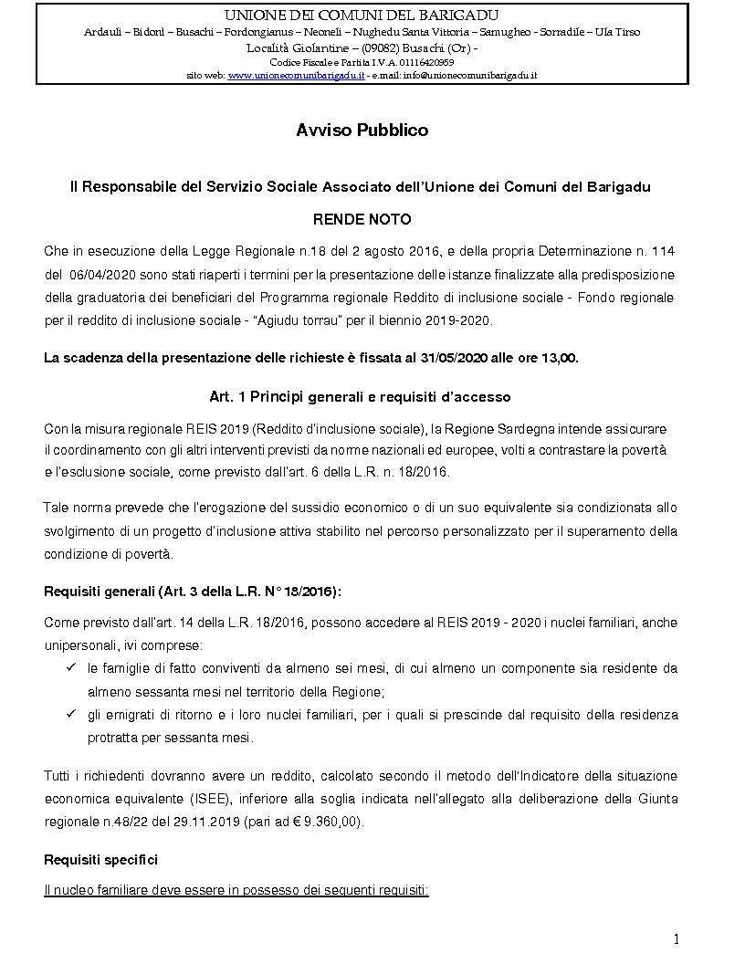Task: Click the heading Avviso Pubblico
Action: tap(362, 131)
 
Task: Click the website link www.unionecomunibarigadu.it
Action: tap(297, 75)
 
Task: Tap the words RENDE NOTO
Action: tap(362, 220)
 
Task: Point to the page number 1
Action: tap(676, 939)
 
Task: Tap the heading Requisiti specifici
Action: tap(100, 860)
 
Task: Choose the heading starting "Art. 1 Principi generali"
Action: tap(360, 397)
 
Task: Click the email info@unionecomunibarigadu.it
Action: tap(475, 75)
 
